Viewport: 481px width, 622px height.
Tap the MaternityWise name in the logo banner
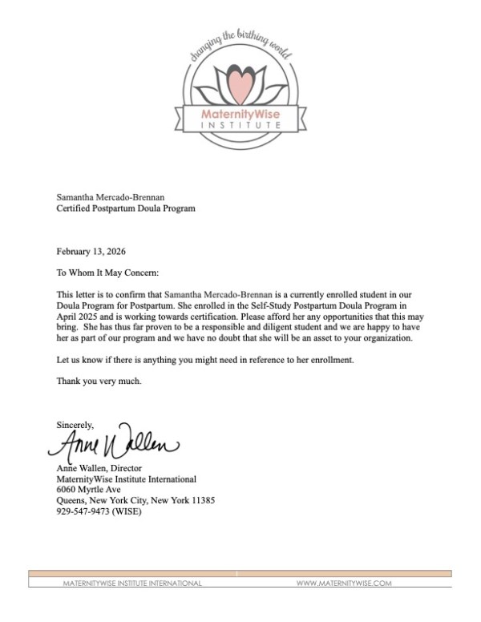coord(240,116)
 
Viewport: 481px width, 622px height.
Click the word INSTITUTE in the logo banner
coord(240,127)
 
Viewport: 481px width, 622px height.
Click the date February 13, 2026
coord(91,251)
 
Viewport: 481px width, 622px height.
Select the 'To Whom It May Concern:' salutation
coord(107,273)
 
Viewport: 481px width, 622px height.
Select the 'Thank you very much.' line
coord(99,382)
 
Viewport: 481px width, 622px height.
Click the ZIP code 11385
coord(201,500)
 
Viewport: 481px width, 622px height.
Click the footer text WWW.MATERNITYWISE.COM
coord(344,584)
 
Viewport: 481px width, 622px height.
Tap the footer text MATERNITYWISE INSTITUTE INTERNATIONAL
coord(132,584)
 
